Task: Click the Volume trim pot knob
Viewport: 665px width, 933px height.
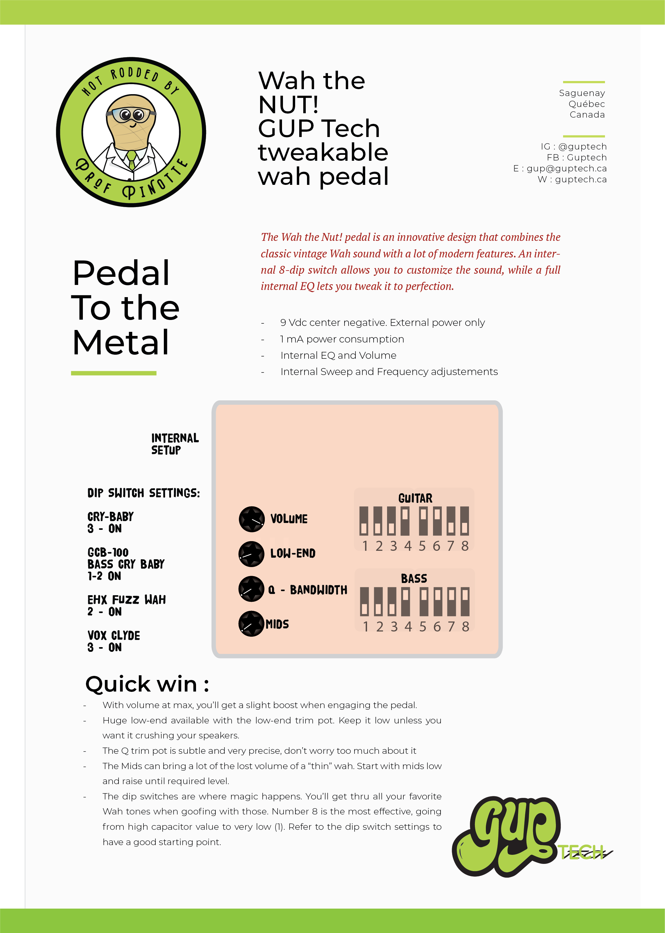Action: click(251, 519)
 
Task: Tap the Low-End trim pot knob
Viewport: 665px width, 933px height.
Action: click(251, 554)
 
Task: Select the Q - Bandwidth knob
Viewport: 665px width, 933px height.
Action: click(251, 589)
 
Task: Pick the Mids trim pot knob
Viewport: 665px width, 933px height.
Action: click(251, 623)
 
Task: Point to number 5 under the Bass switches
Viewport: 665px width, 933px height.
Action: click(423, 627)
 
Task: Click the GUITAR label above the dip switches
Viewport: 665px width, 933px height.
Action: click(415, 498)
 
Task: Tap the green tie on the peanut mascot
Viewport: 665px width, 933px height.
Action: click(131, 160)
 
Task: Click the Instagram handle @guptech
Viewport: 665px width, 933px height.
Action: click(582, 147)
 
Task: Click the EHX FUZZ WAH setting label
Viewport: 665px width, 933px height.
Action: click(127, 600)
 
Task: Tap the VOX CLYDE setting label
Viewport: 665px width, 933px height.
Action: click(114, 636)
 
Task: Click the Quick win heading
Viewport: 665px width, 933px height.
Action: click(147, 684)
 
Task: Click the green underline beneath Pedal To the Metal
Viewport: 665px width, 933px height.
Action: click(114, 373)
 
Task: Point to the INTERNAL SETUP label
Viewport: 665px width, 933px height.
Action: click(174, 444)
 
